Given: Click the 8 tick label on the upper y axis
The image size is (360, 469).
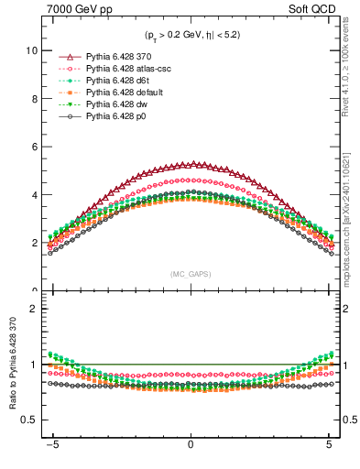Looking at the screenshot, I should point(32,99).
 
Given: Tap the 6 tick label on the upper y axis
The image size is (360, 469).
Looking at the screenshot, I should point(32,147).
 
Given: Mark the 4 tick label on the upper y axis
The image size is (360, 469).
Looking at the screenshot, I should point(32,195).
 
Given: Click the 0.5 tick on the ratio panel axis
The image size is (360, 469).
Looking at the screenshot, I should point(28,420).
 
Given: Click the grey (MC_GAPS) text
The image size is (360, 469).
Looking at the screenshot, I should point(190,274).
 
